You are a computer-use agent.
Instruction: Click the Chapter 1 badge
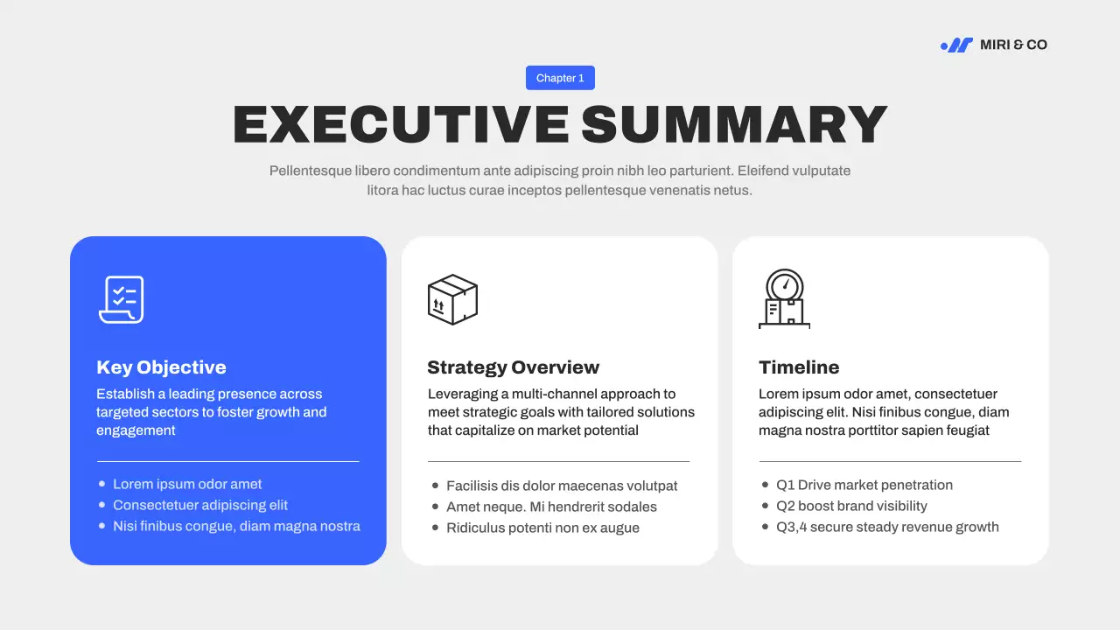pos(560,78)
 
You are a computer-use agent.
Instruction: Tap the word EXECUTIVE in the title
pos(400,124)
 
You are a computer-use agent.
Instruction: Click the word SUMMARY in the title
pos(734,124)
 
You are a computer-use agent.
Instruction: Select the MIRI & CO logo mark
pos(956,45)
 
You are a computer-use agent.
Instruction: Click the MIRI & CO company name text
pos(1013,45)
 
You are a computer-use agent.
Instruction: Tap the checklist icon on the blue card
pos(121,299)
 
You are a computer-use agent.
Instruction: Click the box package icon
pos(452,299)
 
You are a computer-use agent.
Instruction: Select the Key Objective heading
pos(161,367)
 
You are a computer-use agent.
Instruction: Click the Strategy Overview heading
pos(513,367)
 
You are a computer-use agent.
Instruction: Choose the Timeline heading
pos(799,367)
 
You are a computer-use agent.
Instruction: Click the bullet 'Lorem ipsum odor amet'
pos(187,484)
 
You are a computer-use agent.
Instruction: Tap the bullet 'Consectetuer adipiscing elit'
pos(200,505)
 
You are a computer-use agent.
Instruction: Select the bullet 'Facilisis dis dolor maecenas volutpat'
pos(562,486)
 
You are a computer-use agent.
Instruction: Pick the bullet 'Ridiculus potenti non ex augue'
pos(542,528)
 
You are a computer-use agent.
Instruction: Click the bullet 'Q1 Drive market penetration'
pos(864,485)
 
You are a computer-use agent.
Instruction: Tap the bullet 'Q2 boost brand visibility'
pos(851,506)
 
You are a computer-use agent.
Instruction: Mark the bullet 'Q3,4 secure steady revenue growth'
pos(887,527)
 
